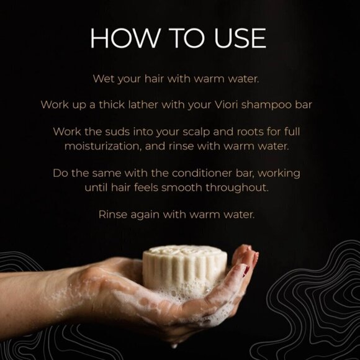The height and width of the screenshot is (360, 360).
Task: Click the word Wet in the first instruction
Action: click(x=103, y=79)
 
